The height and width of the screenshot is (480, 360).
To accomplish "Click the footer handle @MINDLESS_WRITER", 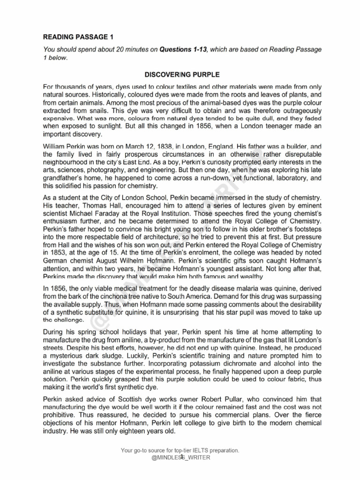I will point(180,457).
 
